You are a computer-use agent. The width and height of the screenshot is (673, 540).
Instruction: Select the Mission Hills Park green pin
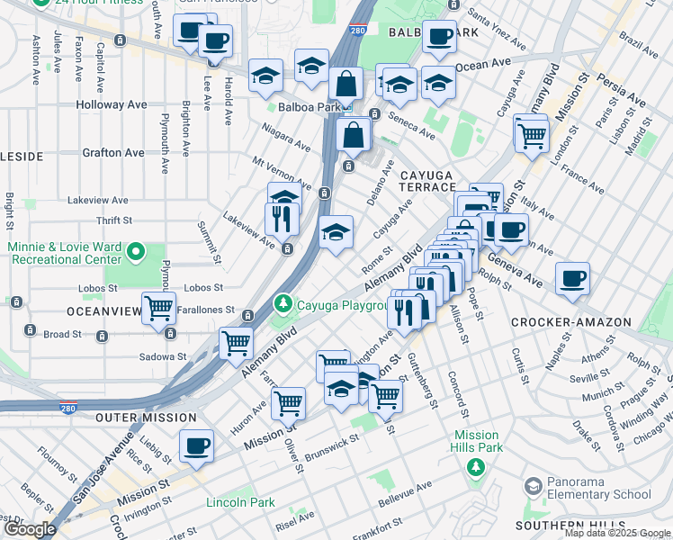tap(476, 466)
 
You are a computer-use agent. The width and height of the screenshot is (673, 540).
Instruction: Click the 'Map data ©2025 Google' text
tap(617, 533)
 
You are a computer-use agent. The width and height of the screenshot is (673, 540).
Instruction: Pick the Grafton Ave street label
tap(112, 153)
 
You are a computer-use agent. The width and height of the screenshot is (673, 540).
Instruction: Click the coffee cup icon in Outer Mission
tap(196, 445)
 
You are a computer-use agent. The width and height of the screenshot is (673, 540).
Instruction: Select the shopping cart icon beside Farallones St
tap(159, 308)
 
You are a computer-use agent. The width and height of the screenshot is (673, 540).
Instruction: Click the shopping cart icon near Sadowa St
tap(236, 343)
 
